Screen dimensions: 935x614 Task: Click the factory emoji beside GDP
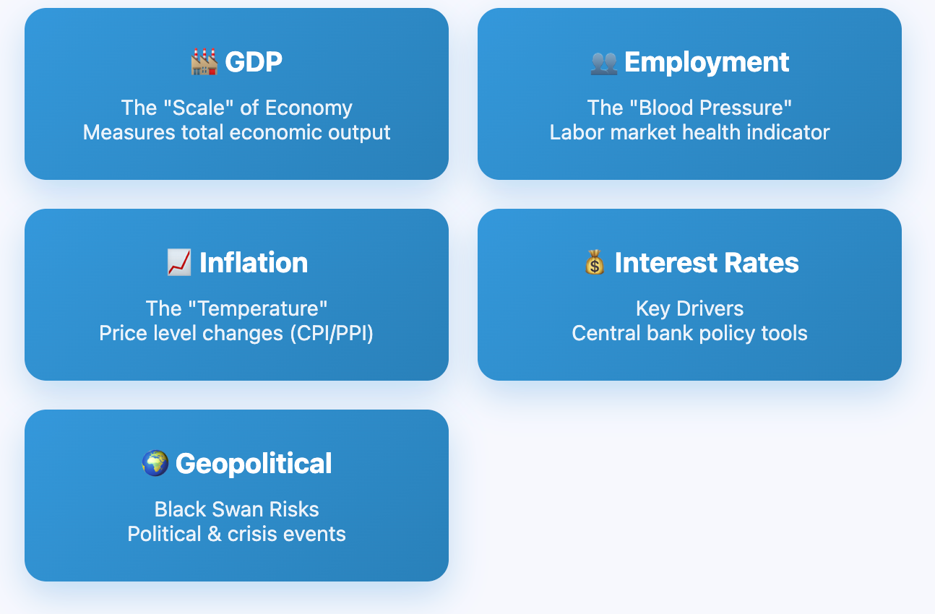tap(204, 62)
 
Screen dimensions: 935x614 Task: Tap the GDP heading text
tap(254, 62)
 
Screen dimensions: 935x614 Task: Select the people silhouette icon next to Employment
tap(603, 64)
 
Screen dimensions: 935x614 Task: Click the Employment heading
tap(706, 63)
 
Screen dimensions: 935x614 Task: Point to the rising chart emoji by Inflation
tap(179, 262)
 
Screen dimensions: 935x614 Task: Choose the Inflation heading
tap(254, 262)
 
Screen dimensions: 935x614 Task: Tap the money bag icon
tap(595, 262)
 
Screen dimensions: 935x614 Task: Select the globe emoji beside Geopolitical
tap(155, 463)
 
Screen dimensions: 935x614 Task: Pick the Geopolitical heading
tap(254, 464)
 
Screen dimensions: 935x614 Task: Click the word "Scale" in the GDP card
tap(199, 108)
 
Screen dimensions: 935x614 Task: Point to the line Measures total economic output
tap(237, 132)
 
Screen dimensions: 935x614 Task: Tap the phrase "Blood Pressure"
tap(710, 108)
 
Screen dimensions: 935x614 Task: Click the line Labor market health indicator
tap(689, 132)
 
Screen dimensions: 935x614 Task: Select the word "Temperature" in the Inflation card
tap(258, 308)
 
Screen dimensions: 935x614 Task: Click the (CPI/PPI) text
tap(332, 334)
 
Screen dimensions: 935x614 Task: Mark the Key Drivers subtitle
tap(689, 309)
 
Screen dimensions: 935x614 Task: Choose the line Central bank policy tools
tap(689, 333)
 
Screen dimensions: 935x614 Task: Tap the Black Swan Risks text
tap(237, 509)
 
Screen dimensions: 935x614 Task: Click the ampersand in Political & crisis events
tap(214, 534)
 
